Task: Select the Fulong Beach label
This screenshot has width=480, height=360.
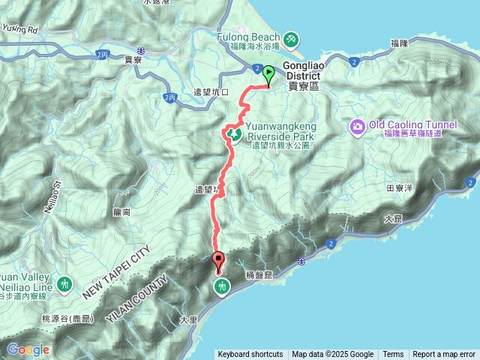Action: [248, 37]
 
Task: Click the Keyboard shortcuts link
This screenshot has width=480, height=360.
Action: [250, 355]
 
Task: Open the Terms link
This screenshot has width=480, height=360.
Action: [393, 355]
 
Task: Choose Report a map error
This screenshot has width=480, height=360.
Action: [444, 355]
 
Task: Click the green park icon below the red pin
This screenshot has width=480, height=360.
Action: [223, 286]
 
